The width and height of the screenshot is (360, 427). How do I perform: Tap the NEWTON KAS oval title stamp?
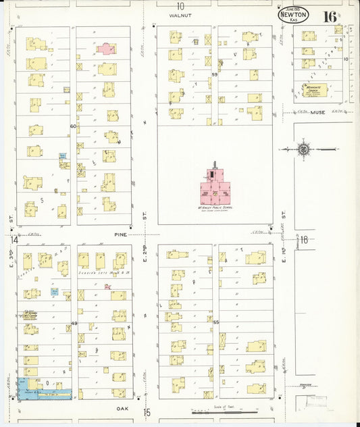click(x=293, y=16)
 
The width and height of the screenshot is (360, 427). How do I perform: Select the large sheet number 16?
click(x=330, y=16)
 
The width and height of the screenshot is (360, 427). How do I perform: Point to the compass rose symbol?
click(x=304, y=149)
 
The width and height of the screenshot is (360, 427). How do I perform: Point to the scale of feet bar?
click(x=224, y=411)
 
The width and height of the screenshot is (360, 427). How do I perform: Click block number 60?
click(x=73, y=126)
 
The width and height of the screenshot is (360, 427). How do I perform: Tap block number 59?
click(x=215, y=74)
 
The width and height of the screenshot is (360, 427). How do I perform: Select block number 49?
click(x=74, y=324)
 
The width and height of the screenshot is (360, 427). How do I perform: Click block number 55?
click(x=215, y=322)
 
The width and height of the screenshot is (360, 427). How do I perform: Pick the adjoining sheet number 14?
click(x=14, y=240)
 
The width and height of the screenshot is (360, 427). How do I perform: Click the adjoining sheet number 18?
click(x=304, y=239)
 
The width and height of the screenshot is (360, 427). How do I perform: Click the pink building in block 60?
click(x=106, y=48)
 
